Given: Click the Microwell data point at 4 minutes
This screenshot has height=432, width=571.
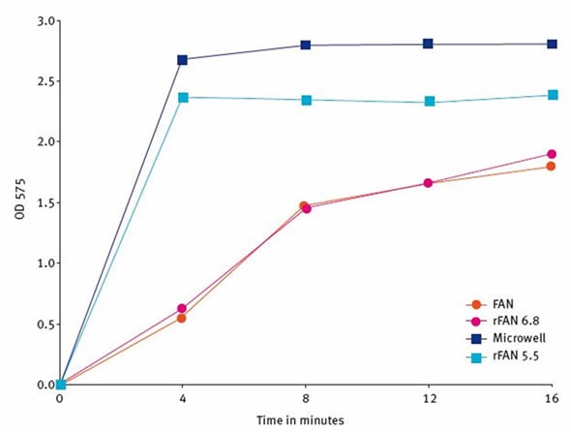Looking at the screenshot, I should coord(182,59).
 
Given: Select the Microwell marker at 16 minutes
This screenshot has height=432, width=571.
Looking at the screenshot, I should coord(552,44).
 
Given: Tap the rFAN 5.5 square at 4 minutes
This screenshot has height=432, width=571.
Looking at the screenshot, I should coord(182,97).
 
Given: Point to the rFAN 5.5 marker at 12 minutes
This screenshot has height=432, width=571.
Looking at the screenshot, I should coord(428,102).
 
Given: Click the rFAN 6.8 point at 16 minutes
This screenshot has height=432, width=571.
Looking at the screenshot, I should coord(552,154).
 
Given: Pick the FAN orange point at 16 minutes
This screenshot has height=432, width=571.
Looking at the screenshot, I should coord(552,166).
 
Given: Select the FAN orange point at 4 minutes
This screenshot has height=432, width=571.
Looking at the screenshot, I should coord(182,318).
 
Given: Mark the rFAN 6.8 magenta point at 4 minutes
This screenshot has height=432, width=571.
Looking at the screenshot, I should coord(182,308).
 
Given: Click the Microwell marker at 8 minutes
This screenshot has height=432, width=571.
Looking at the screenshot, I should coord(305,45).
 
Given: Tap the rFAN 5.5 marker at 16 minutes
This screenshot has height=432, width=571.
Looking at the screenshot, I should coord(552,95).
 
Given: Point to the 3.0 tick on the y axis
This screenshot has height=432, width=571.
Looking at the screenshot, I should coord(43,19).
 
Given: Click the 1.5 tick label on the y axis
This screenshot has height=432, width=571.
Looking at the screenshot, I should coord(43,201).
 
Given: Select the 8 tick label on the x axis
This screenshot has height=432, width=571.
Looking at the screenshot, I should coord(305,398).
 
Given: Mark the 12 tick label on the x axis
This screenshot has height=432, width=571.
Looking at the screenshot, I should coord(428,398).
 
